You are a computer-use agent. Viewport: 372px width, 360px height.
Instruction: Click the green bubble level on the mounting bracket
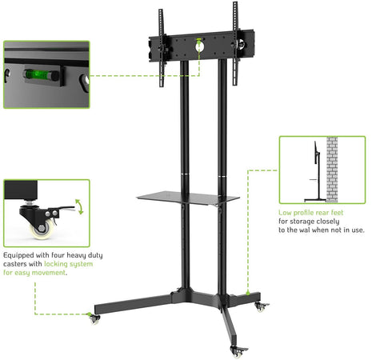point(198,39)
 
